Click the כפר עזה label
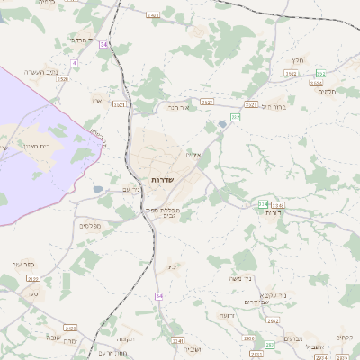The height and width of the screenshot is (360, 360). pyautogui.click(x=23, y=264)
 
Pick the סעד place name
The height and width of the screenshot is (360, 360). pyautogui.click(x=32, y=293)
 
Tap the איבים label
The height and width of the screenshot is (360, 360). pyautogui.click(x=193, y=154)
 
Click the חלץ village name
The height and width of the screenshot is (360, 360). pyautogui.click(x=298, y=60)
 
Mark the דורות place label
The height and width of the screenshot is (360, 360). pyautogui.click(x=274, y=212)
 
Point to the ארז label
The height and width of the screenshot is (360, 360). pyautogui.click(x=97, y=101)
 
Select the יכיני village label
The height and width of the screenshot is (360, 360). pyautogui.click(x=171, y=266)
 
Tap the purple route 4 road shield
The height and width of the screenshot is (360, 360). pyautogui.click(x=74, y=63)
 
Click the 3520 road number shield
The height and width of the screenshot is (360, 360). pyautogui.click(x=63, y=80)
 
